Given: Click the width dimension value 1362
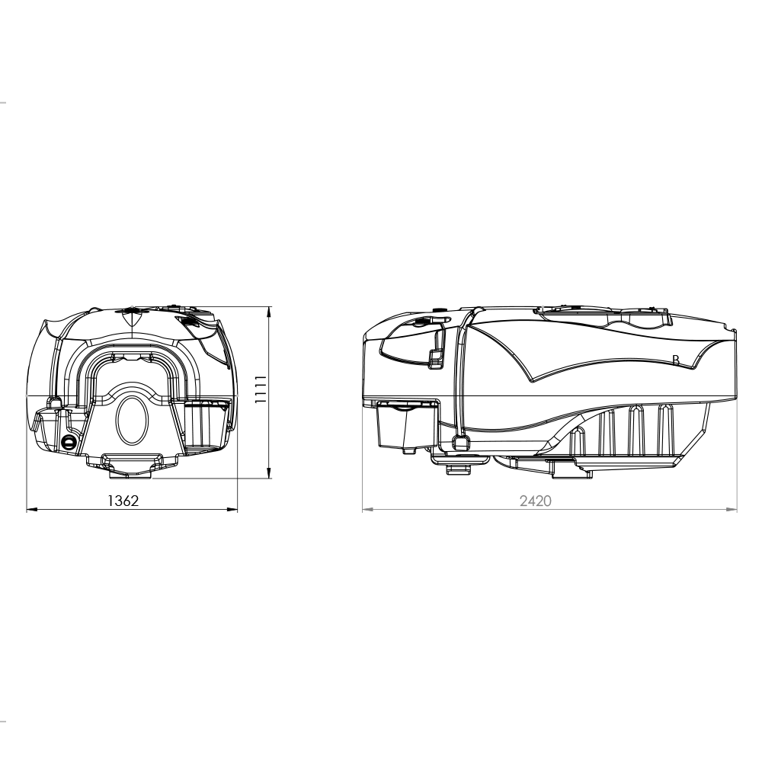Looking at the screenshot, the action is tap(123, 501).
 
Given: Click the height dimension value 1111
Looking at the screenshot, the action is tap(260, 389).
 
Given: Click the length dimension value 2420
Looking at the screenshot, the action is tap(536, 501).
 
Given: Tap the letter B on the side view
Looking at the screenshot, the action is tap(675, 360).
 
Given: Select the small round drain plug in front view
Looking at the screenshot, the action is tap(69, 442).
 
